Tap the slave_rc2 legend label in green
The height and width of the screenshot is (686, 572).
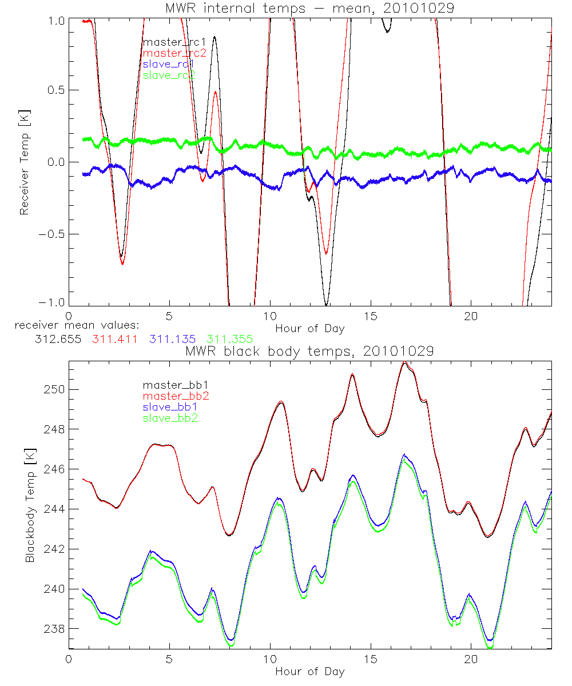tap(169, 75)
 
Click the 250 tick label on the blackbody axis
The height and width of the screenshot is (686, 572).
tap(54, 389)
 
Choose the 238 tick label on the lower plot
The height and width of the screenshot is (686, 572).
tap(54, 629)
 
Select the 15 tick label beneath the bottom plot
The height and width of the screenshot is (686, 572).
tap(371, 659)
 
